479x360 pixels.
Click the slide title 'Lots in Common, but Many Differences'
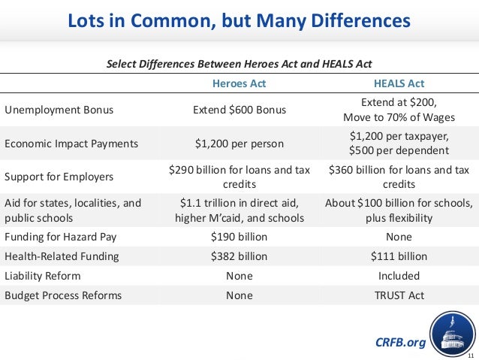pyautogui.click(x=239, y=20)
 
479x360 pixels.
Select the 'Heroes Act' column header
pyautogui.click(x=239, y=83)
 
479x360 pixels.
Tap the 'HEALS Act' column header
pyautogui.click(x=399, y=83)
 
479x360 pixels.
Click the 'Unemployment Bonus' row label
pyautogui.click(x=59, y=110)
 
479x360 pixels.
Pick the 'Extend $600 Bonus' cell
pyautogui.click(x=239, y=110)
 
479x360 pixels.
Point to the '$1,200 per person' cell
pyautogui.click(x=239, y=144)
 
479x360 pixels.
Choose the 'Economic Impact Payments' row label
pyautogui.click(x=71, y=144)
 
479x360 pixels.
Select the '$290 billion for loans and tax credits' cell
pyautogui.click(x=239, y=177)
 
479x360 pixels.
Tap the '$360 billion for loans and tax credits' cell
pyautogui.click(x=399, y=177)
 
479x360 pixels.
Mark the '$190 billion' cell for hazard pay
pyautogui.click(x=239, y=237)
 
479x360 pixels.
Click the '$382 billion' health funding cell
pyautogui.click(x=239, y=256)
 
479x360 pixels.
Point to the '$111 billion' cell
pyautogui.click(x=399, y=256)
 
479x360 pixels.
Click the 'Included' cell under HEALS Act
pyautogui.click(x=399, y=276)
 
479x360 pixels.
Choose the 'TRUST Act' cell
pyautogui.click(x=399, y=295)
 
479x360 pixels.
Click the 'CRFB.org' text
pyautogui.click(x=400, y=343)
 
